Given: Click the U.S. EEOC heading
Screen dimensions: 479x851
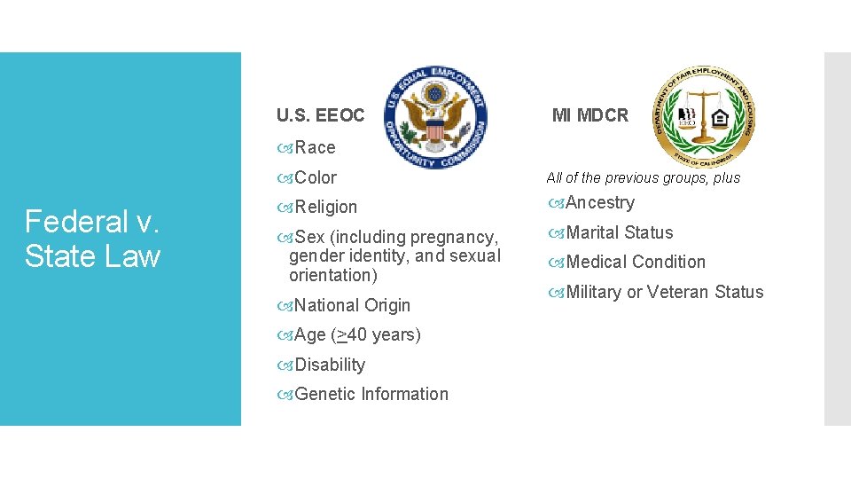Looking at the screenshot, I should click(320, 115).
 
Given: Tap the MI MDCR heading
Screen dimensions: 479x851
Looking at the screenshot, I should click(589, 114).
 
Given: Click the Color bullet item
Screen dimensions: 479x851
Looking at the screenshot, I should click(315, 177).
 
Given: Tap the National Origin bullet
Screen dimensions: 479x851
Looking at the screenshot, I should click(351, 305).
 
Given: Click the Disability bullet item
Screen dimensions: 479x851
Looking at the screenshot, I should click(329, 365).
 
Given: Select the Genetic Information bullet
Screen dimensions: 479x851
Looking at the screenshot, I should click(371, 394).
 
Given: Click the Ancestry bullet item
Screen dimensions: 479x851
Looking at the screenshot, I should click(599, 202).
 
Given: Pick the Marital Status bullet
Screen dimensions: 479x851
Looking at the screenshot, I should click(619, 232).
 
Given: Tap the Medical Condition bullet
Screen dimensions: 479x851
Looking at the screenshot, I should click(635, 262).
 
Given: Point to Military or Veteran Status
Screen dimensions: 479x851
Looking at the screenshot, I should click(664, 292).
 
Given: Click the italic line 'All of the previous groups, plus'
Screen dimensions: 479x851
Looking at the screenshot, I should click(643, 177).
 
